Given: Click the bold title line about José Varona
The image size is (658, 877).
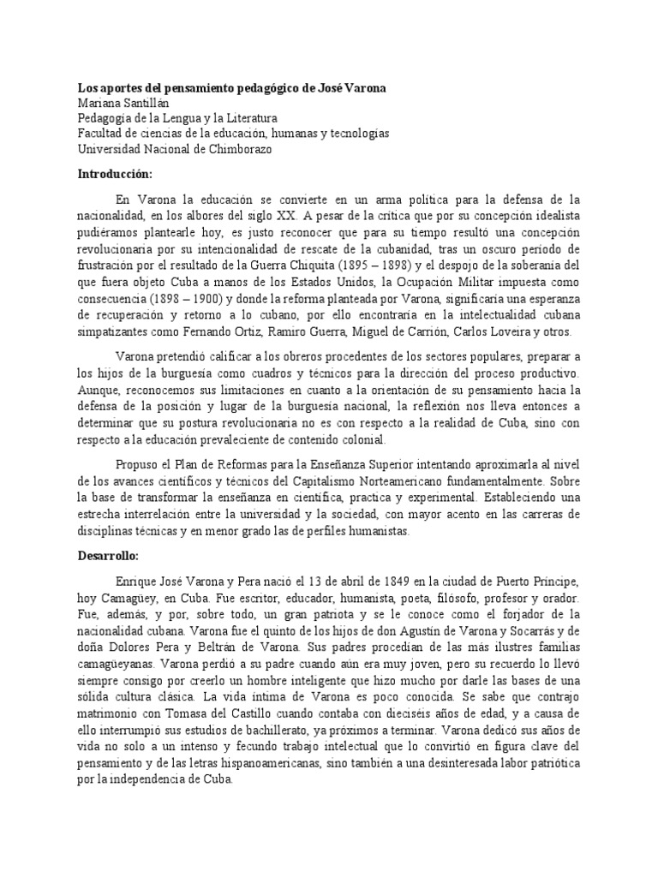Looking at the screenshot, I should (230, 89).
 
